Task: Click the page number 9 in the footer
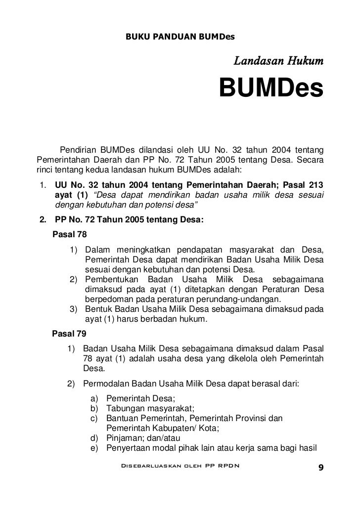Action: tap(320, 468)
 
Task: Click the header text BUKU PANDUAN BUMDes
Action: tap(180, 37)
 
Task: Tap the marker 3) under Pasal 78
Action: tap(74, 309)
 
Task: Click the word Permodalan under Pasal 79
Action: tap(106, 383)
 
